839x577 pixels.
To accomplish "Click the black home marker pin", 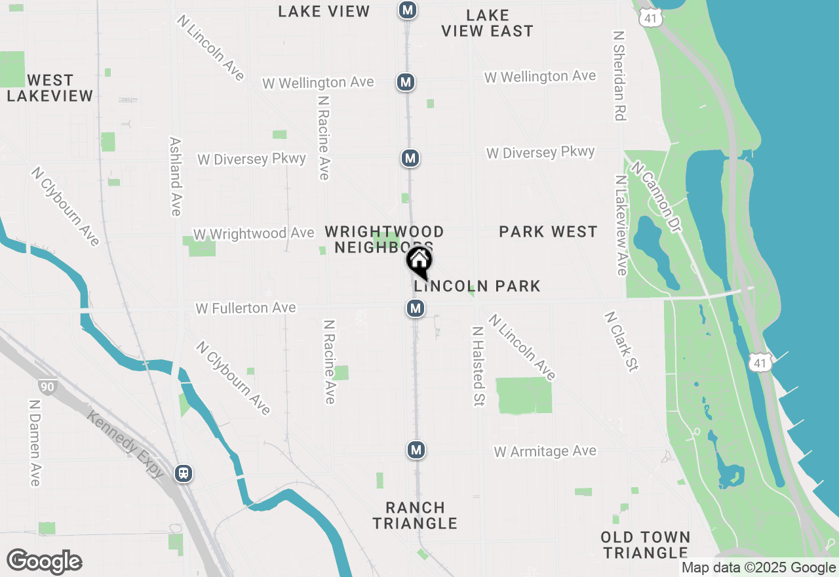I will (419, 261).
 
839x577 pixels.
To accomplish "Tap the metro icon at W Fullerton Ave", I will (416, 308).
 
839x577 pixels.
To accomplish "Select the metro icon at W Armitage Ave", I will (416, 450).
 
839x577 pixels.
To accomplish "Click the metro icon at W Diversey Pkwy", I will (410, 158).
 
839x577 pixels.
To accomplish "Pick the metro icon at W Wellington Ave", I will (406, 82).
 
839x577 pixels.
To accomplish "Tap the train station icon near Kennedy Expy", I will (184, 473).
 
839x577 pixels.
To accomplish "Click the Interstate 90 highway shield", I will (47, 386).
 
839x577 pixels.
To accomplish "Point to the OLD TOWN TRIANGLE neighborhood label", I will (646, 545).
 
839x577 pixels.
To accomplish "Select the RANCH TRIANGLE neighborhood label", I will (415, 515).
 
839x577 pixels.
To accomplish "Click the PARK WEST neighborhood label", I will (548, 231).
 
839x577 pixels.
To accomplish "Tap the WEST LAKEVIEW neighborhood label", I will (50, 88).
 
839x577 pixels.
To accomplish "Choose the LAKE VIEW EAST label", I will (487, 23).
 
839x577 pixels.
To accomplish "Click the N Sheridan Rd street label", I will (619, 74).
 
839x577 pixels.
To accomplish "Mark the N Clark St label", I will (620, 341).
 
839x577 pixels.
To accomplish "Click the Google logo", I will (44, 561).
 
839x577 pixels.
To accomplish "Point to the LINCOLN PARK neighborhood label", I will (477, 286).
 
